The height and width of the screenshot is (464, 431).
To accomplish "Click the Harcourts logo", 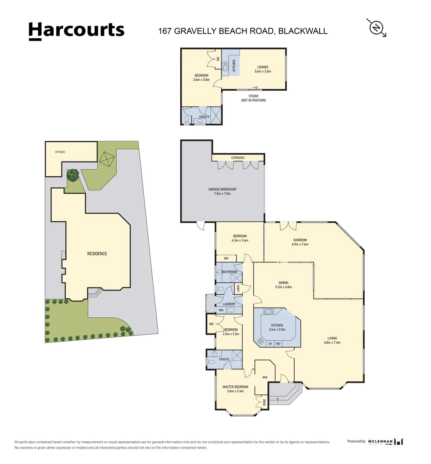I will (76, 31).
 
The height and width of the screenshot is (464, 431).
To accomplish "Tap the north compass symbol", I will (377, 27).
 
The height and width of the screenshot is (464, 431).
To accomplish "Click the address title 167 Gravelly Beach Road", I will (243, 31).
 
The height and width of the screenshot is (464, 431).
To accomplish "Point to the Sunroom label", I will (300, 242).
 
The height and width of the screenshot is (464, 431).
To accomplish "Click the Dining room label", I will (283, 285).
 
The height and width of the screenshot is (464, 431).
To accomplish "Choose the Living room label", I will (332, 340).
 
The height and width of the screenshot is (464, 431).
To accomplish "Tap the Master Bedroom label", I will (235, 389).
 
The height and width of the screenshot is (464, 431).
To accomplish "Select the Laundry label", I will (229, 304).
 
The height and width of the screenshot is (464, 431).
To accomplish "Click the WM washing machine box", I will (221, 310).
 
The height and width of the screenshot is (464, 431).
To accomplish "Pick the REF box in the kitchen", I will (278, 343).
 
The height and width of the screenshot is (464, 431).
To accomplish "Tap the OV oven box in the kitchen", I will (270, 343).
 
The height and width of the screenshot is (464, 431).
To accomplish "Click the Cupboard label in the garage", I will (237, 158).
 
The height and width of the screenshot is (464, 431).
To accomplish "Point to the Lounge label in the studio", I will (263, 69).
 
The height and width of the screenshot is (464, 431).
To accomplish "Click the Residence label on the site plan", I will (97, 253).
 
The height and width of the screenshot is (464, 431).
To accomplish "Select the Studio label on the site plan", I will (60, 152).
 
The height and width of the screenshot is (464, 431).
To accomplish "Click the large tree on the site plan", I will (73, 174).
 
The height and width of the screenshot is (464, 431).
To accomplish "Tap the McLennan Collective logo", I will (385, 441).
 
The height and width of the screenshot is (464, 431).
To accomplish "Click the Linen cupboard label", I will (238, 288).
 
